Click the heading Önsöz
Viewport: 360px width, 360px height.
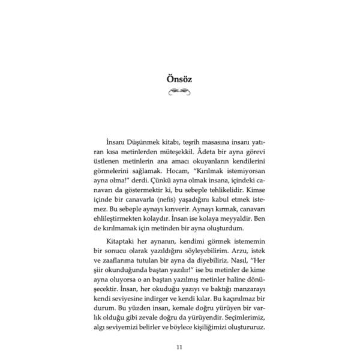click(179, 78)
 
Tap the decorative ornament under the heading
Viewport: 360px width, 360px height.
click(179, 92)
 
